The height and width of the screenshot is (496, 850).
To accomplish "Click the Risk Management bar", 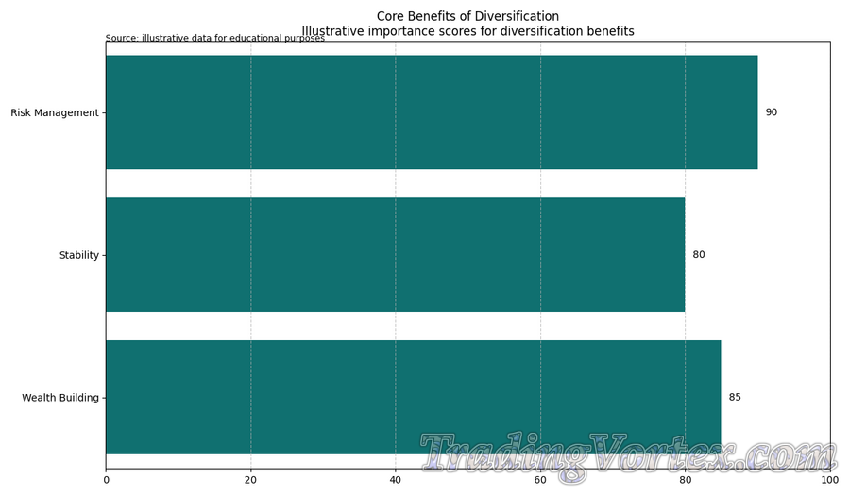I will tap(431, 112).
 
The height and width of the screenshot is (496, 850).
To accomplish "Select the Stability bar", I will tap(395, 255).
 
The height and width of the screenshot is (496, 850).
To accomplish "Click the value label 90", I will tap(772, 112).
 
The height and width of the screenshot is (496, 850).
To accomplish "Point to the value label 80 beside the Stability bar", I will tap(699, 255).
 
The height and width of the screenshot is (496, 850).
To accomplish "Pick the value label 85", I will tap(735, 397).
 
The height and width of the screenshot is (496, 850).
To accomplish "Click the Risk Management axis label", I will tap(55, 113).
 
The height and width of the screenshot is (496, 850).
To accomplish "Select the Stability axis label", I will tap(79, 256).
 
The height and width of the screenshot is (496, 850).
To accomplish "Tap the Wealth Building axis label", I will tap(60, 398).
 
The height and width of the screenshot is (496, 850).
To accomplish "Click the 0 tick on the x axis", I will tap(106, 481).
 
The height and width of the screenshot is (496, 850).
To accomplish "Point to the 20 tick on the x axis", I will tap(250, 481).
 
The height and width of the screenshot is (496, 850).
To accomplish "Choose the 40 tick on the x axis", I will tap(395, 481).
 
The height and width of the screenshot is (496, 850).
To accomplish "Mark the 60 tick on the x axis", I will tap(540, 481).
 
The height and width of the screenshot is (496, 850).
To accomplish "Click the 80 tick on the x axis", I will tap(685, 481).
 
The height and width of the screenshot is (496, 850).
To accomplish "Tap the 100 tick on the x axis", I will tap(829, 481).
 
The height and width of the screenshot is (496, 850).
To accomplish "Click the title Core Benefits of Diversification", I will tap(467, 16).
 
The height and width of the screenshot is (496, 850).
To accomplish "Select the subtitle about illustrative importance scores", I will tap(467, 31).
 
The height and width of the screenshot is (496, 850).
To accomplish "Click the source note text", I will tap(215, 39).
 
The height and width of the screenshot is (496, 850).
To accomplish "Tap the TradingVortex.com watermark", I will tap(628, 455).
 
